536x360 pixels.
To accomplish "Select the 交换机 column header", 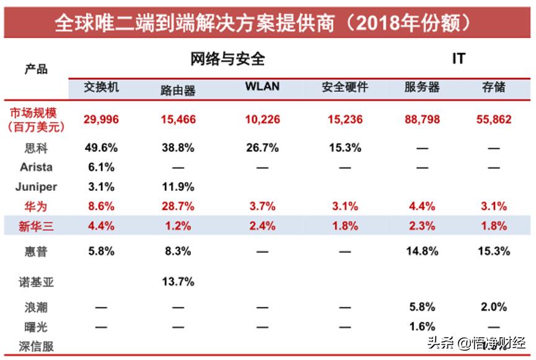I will pos(102,87).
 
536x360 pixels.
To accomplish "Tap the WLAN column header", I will pos(262,87).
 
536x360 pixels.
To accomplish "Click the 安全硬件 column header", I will pos(345,87).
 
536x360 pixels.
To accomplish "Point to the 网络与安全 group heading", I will pos(227,59).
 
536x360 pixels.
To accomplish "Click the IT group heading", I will pos(458,59).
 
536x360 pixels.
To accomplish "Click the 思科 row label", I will pos(36,148).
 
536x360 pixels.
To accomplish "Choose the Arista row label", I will pos(36,167).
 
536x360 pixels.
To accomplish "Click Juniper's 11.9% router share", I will pos(178,187).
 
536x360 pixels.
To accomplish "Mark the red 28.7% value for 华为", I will pos(178,206).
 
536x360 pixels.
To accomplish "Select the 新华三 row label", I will pos(36,226).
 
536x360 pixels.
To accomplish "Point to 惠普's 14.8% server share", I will pos(423,251).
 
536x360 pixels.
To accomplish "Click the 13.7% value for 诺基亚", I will pos(178,282).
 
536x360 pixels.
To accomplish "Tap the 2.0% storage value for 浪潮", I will pos(493,307).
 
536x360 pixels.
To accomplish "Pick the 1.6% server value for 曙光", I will pos(423,327).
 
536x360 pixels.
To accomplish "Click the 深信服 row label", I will pos(36,346).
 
